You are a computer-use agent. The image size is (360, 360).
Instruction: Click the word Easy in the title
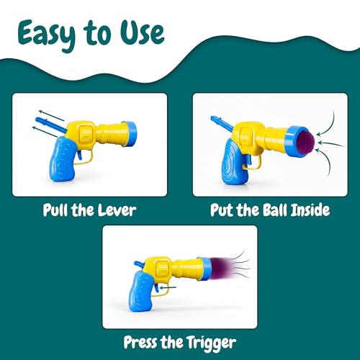coord(46,35)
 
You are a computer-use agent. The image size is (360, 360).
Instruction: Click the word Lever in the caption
coord(117,210)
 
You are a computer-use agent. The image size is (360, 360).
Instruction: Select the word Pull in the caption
coord(55,210)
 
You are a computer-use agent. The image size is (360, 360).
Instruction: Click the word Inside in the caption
coord(310,210)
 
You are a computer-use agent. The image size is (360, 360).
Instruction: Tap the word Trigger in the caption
coord(211,343)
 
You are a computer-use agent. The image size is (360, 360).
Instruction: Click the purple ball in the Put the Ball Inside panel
coord(306,143)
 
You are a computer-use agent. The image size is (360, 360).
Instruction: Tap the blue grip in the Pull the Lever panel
coord(63,159)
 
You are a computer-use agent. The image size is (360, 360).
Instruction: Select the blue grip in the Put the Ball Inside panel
coord(235,163)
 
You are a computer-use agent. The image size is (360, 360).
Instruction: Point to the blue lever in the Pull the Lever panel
coord(50,125)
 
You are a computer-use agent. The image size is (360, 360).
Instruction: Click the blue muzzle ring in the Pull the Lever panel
coord(130,134)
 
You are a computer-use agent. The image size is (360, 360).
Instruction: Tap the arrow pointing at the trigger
coord(168,287)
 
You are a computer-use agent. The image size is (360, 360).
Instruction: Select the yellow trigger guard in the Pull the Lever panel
coord(84,157)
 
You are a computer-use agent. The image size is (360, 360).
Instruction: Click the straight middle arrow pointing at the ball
coord(330,144)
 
